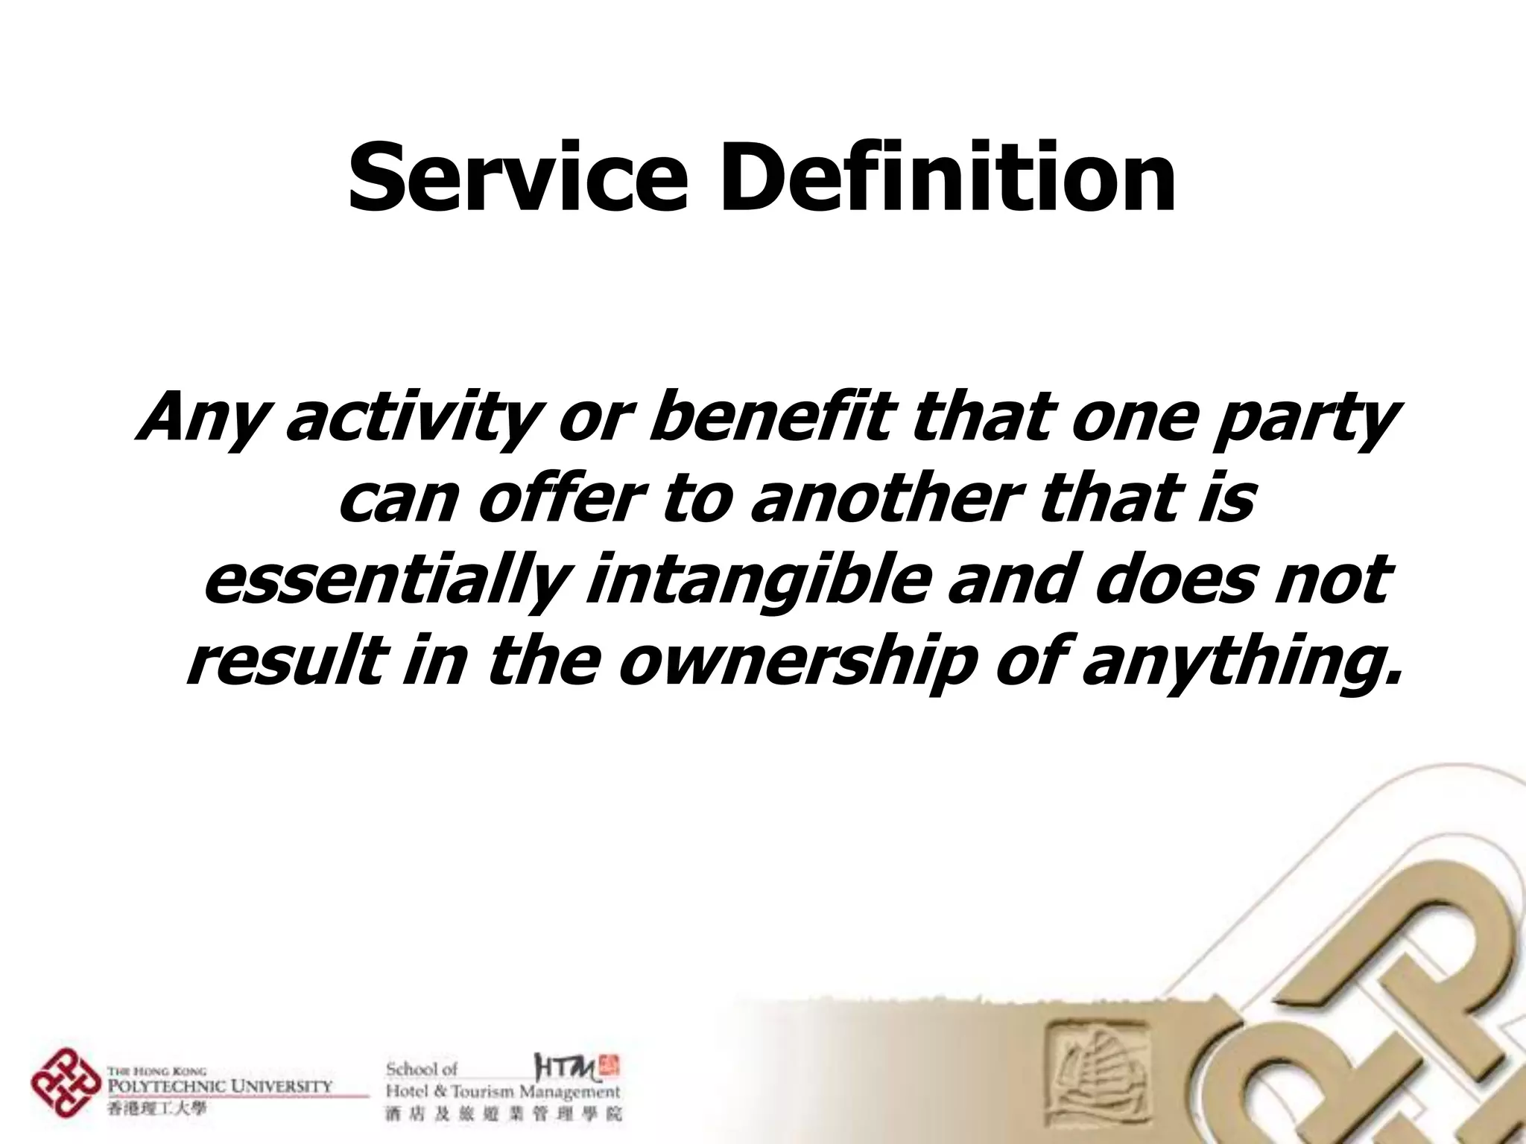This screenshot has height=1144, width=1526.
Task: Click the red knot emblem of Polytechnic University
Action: [x=66, y=1082]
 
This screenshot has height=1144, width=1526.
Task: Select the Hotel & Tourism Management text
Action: [x=503, y=1093]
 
